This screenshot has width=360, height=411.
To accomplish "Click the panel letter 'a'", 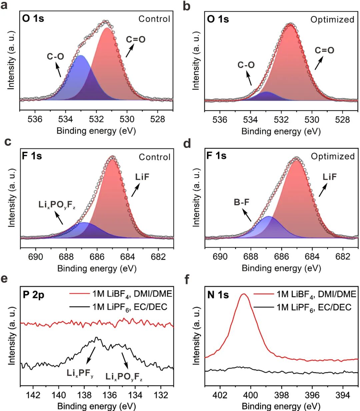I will pos(4,6).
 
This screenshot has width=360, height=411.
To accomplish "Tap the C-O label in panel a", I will pos(55,57).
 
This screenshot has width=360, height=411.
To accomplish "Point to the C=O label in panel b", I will pos(324,50).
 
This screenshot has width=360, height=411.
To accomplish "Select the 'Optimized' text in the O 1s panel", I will pos(332,20).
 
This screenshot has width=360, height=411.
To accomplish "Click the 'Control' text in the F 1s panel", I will pos(154,157).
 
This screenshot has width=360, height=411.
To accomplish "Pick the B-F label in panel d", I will pos(242,202).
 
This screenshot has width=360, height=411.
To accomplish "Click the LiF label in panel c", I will pos(142,177).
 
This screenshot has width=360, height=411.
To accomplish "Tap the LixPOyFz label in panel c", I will pos(57,205).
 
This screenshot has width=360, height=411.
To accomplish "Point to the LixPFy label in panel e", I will pos(80,373).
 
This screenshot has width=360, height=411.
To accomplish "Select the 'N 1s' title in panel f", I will pos(218,295).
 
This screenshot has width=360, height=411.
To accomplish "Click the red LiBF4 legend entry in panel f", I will pos(305,294).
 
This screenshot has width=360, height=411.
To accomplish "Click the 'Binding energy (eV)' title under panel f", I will pos(281,406).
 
